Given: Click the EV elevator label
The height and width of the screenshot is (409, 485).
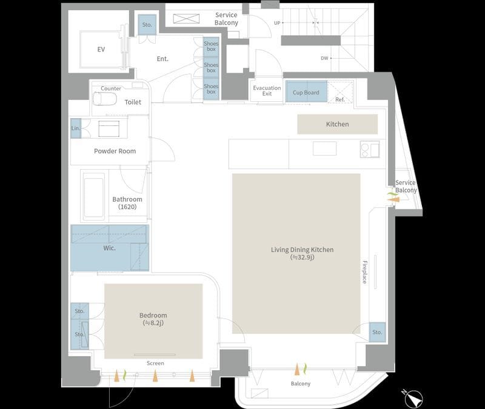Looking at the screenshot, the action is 101,50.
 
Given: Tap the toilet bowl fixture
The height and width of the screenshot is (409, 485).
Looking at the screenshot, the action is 104,99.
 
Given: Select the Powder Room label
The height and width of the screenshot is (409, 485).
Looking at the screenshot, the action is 115,151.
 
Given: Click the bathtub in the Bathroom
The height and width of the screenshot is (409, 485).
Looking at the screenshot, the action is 93,195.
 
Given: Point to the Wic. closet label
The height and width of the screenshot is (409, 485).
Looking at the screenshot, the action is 110,248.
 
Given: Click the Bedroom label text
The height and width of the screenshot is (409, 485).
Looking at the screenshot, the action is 153,315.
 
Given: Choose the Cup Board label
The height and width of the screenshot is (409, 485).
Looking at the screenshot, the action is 306,93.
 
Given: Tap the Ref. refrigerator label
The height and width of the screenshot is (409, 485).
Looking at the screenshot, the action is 340,99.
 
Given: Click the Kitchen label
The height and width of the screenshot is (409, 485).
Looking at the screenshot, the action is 338,124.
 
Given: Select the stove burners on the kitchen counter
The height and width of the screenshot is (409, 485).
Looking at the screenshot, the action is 370,149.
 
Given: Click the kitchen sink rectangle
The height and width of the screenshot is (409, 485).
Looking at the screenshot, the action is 324,148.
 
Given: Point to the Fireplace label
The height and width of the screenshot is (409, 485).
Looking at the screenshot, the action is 365,272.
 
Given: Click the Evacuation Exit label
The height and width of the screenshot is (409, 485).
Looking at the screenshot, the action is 267,90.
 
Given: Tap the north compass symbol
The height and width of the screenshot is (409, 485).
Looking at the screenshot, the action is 413,398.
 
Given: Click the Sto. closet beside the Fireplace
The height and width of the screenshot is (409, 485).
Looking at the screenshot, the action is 377,332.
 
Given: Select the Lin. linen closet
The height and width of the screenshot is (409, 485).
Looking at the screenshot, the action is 75,128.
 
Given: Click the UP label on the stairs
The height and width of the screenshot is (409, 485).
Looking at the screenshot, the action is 277,23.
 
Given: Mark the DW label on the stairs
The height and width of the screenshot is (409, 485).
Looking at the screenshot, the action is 324,58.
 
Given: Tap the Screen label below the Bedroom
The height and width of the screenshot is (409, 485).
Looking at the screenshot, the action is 155,363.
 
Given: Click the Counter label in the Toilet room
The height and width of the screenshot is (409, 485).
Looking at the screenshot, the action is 111,88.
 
